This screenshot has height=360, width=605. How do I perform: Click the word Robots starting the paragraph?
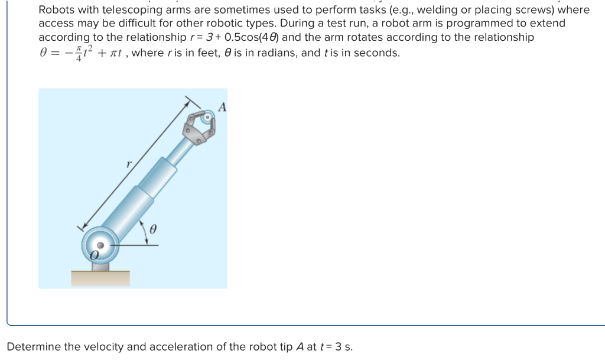[x=57, y=10]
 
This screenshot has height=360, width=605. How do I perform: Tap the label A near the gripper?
[x=222, y=108]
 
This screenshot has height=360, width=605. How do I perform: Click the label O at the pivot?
[x=94, y=255]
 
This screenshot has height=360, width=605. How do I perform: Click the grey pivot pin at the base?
[x=101, y=245]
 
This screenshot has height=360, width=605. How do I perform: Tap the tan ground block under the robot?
[x=100, y=278]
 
